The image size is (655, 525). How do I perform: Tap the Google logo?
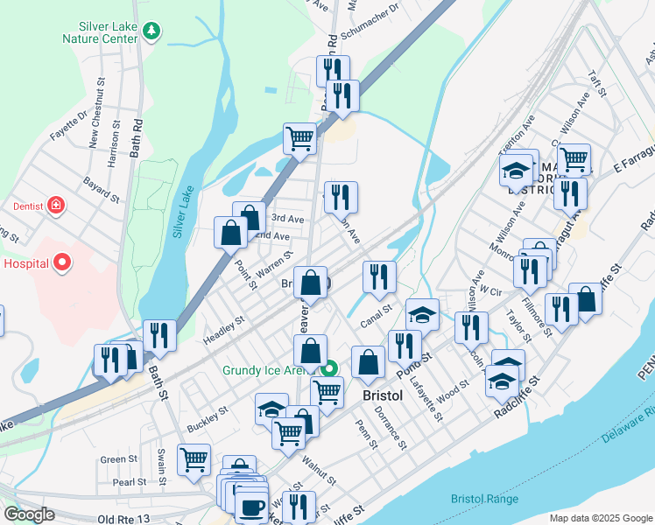[30, 514]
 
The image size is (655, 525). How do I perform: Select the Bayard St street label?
[101, 187]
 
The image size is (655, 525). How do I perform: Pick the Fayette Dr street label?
[68, 124]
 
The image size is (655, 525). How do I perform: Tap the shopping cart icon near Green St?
[194, 458]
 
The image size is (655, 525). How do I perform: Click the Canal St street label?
[376, 322]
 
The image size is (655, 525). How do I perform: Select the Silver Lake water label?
[183, 214]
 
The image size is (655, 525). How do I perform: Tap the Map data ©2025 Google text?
[600, 518]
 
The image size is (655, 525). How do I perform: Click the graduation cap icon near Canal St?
[422, 313]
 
